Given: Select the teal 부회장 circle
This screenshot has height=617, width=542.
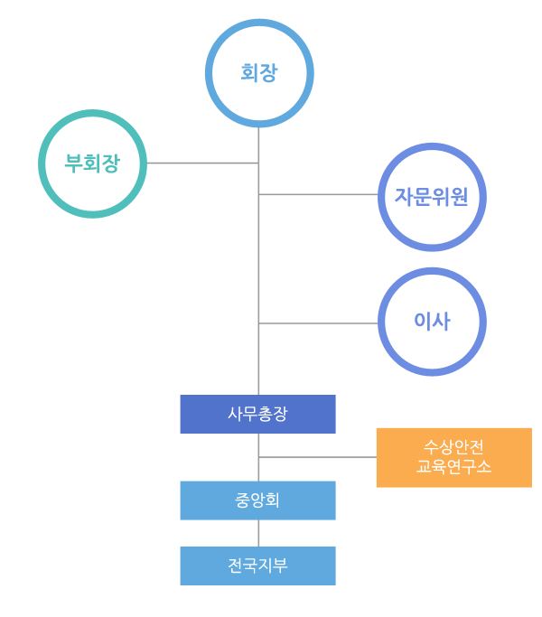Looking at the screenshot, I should (92, 164).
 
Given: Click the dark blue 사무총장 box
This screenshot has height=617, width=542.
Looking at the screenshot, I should (257, 414).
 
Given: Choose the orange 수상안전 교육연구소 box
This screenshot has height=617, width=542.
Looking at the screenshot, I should (453, 457).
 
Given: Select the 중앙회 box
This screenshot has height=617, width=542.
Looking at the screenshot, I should (257, 500).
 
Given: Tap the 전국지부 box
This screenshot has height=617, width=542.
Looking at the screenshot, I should (257, 566).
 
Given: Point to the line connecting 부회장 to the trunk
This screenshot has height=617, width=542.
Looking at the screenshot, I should (202, 163).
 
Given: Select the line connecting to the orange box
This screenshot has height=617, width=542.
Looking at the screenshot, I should (317, 457).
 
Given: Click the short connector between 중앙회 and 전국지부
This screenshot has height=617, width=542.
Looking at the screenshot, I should (258, 533).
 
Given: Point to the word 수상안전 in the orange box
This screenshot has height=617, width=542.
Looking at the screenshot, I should (453, 447).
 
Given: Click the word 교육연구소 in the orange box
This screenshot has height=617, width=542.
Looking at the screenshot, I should (453, 467).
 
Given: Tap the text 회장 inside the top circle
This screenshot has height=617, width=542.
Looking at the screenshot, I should (259, 72).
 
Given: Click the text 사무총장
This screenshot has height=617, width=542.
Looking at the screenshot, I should (257, 414).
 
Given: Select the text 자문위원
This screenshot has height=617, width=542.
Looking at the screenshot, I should (432, 196).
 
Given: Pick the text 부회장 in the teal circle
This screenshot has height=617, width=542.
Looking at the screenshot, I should (92, 164).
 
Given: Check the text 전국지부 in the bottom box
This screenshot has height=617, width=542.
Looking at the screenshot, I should (257, 566).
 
